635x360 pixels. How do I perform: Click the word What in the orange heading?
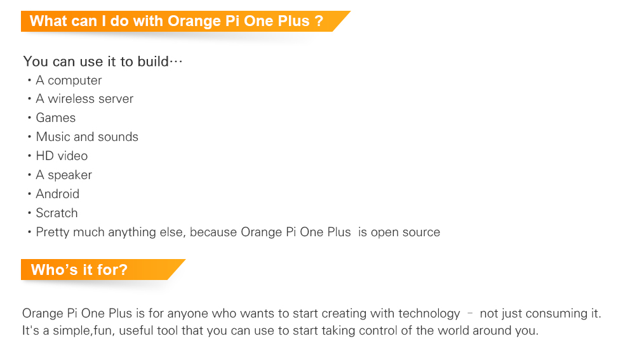pyautogui.click(x=48, y=21)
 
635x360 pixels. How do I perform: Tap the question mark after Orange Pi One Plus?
pyautogui.click(x=319, y=21)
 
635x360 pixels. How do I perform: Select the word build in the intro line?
pyautogui.click(x=153, y=61)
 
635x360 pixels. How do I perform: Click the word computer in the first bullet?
pyautogui.click(x=74, y=80)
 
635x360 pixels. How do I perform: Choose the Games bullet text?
pyautogui.click(x=56, y=117)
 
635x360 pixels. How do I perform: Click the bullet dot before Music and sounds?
pyautogui.click(x=30, y=137)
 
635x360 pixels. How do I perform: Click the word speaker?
pyautogui.click(x=70, y=175)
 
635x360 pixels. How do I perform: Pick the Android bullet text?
pyautogui.click(x=58, y=194)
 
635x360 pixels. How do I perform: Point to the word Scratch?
pyautogui.click(x=57, y=213)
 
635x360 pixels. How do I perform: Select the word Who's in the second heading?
pyautogui.click(x=52, y=269)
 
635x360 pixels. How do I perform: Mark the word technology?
pyautogui.click(x=429, y=314)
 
